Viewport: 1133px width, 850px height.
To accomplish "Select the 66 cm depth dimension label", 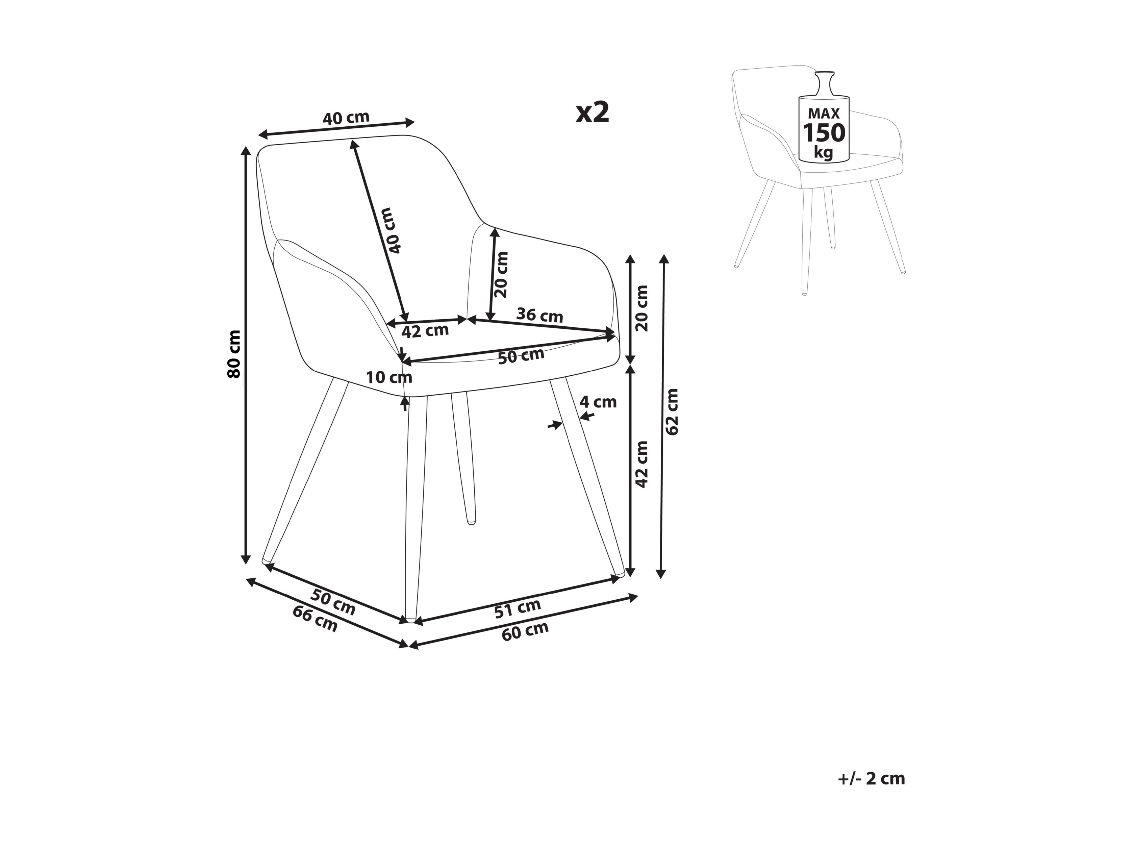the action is click(315, 619).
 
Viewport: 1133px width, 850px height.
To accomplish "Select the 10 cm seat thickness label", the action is click(389, 378).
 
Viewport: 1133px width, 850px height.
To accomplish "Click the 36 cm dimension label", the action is click(539, 315).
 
